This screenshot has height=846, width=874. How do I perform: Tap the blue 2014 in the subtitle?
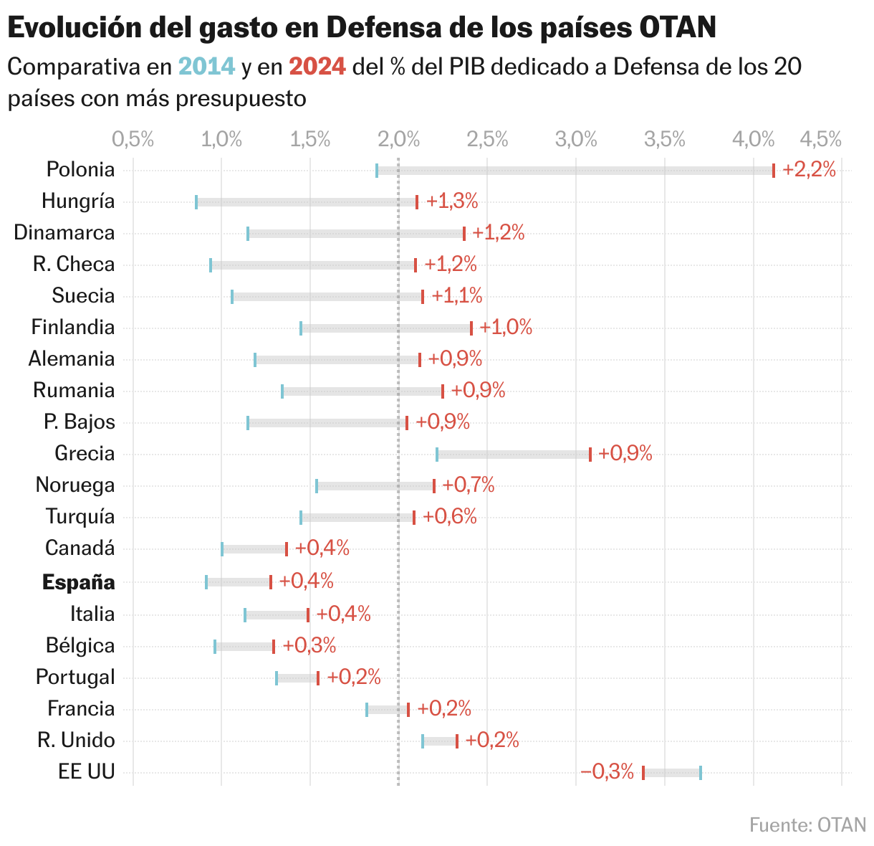(206, 67)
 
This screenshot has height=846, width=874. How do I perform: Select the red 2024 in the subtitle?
(317, 67)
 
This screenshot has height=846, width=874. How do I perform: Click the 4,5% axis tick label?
(820, 139)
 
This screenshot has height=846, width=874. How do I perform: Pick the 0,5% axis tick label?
(133, 139)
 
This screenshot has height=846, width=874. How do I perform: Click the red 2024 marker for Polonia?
(774, 171)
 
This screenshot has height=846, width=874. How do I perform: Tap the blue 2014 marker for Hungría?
(196, 202)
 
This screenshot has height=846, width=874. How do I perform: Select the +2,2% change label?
(809, 170)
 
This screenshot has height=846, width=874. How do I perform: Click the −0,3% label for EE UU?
(608, 772)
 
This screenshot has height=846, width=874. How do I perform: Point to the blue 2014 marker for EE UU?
(701, 773)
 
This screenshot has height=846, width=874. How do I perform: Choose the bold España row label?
(79, 582)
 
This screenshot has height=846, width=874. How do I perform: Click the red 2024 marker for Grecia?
(590, 455)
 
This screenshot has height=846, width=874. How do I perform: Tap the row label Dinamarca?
(64, 233)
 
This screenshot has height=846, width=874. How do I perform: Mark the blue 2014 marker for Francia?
(367, 710)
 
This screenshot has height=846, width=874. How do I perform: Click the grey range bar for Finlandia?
(386, 328)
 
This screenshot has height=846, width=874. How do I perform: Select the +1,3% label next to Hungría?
(452, 201)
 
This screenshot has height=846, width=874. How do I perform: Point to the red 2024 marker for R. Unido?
(457, 741)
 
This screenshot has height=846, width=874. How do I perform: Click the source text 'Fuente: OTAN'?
(807, 824)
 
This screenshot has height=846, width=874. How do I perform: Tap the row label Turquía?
(80, 517)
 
